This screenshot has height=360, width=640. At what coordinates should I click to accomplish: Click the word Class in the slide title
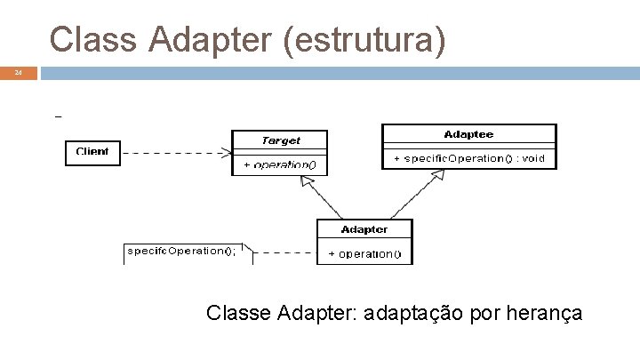pos(88,40)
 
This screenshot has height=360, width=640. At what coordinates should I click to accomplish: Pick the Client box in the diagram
pos(92,152)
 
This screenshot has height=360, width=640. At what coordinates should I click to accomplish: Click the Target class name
pos(280,140)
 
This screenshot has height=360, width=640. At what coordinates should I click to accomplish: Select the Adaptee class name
pos(468,134)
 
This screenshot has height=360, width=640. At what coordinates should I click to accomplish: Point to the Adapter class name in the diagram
pos(364,229)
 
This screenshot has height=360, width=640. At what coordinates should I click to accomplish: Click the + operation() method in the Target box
pos(280,165)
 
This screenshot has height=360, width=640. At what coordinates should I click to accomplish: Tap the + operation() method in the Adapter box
pos(364,254)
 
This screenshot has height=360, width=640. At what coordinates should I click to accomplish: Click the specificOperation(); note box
pos(182,251)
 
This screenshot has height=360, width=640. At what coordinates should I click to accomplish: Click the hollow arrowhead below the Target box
pos(307,181)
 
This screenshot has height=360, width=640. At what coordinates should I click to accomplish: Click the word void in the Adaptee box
pos(534,159)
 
